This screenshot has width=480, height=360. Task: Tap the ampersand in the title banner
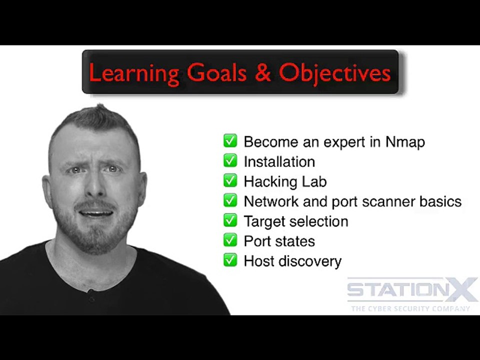[262, 72]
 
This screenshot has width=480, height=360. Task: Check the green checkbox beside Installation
[230, 160]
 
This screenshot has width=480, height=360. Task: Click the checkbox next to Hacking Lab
[230, 180]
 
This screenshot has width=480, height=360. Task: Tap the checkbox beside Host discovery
[230, 260]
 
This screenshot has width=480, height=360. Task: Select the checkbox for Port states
[230, 240]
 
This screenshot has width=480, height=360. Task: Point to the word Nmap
[405, 142]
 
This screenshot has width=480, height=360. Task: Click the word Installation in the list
[279, 161]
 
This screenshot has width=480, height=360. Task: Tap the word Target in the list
[266, 221]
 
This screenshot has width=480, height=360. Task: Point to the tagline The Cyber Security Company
[410, 308]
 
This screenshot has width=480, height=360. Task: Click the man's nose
[95, 186]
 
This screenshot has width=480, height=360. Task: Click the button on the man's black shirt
[91, 299]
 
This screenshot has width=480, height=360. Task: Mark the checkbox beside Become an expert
[230, 141]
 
